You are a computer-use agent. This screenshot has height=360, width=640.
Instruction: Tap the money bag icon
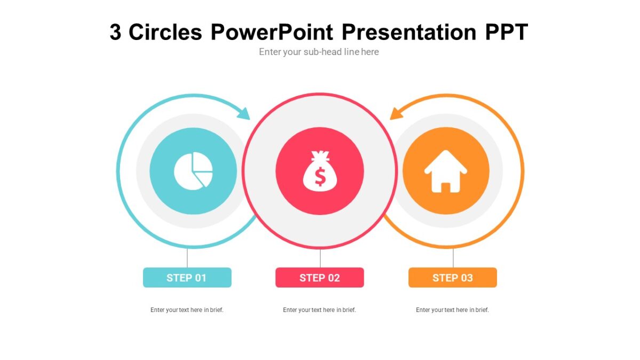pyautogui.click(x=319, y=171)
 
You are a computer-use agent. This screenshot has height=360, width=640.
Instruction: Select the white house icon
pyautogui.click(x=445, y=171)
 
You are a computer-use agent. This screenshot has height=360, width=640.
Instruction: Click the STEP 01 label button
pyautogui.click(x=187, y=277)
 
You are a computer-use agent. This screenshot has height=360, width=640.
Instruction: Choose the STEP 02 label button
pyautogui.click(x=319, y=277)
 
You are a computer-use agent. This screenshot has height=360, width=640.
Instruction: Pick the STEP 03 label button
pyautogui.click(x=452, y=277)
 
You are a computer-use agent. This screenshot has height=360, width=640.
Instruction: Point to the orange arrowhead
pyautogui.click(x=396, y=113)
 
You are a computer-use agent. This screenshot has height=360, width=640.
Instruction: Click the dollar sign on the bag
pyautogui.click(x=319, y=176)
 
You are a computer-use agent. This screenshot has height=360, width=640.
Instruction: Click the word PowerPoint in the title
pyautogui.click(x=272, y=32)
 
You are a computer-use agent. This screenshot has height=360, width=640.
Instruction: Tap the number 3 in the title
pyautogui.click(x=115, y=33)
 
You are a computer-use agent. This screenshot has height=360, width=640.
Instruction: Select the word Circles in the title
pyautogui.click(x=165, y=32)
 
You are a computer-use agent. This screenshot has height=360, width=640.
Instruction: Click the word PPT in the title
pyautogui.click(x=506, y=32)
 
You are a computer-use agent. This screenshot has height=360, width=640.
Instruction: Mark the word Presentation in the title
pyautogui.click(x=409, y=32)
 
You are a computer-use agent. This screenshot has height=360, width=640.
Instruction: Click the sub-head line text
pyautogui.click(x=319, y=52)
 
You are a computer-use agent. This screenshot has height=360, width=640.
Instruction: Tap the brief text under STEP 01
pyautogui.click(x=187, y=310)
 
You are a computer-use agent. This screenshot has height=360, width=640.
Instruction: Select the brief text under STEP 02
pyautogui.click(x=319, y=310)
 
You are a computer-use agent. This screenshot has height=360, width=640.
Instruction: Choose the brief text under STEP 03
pyautogui.click(x=452, y=310)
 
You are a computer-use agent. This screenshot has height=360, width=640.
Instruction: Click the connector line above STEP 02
pyautogui.click(x=320, y=258)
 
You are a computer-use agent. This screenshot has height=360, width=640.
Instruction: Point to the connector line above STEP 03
pyautogui.click(x=453, y=258)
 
